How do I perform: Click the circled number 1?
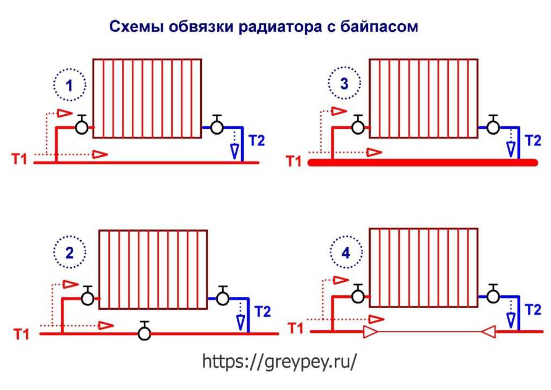point(69,85)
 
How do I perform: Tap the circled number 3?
point(344,83)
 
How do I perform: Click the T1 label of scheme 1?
point(19,159)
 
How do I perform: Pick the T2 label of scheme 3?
point(533,141)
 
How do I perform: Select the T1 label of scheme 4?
point(295,328)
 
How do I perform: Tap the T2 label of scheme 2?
point(263,311)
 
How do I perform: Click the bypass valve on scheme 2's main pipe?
point(144,331)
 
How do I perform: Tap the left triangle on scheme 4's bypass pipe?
point(370,332)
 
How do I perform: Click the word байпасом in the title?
point(379,27)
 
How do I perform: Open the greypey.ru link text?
point(280,361)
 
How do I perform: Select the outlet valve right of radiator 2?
point(222,296)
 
